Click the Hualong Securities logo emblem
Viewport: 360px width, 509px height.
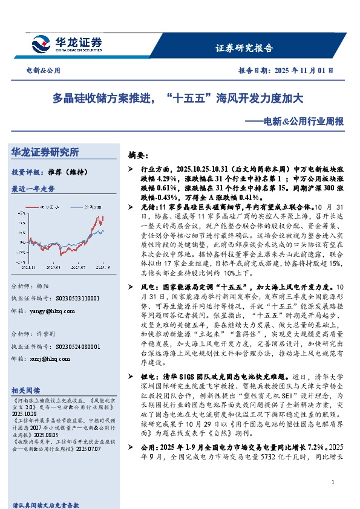44,44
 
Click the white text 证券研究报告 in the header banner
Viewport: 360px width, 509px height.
244,48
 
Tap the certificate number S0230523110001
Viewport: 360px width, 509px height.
73,298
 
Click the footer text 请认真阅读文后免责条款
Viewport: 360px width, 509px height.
47,504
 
